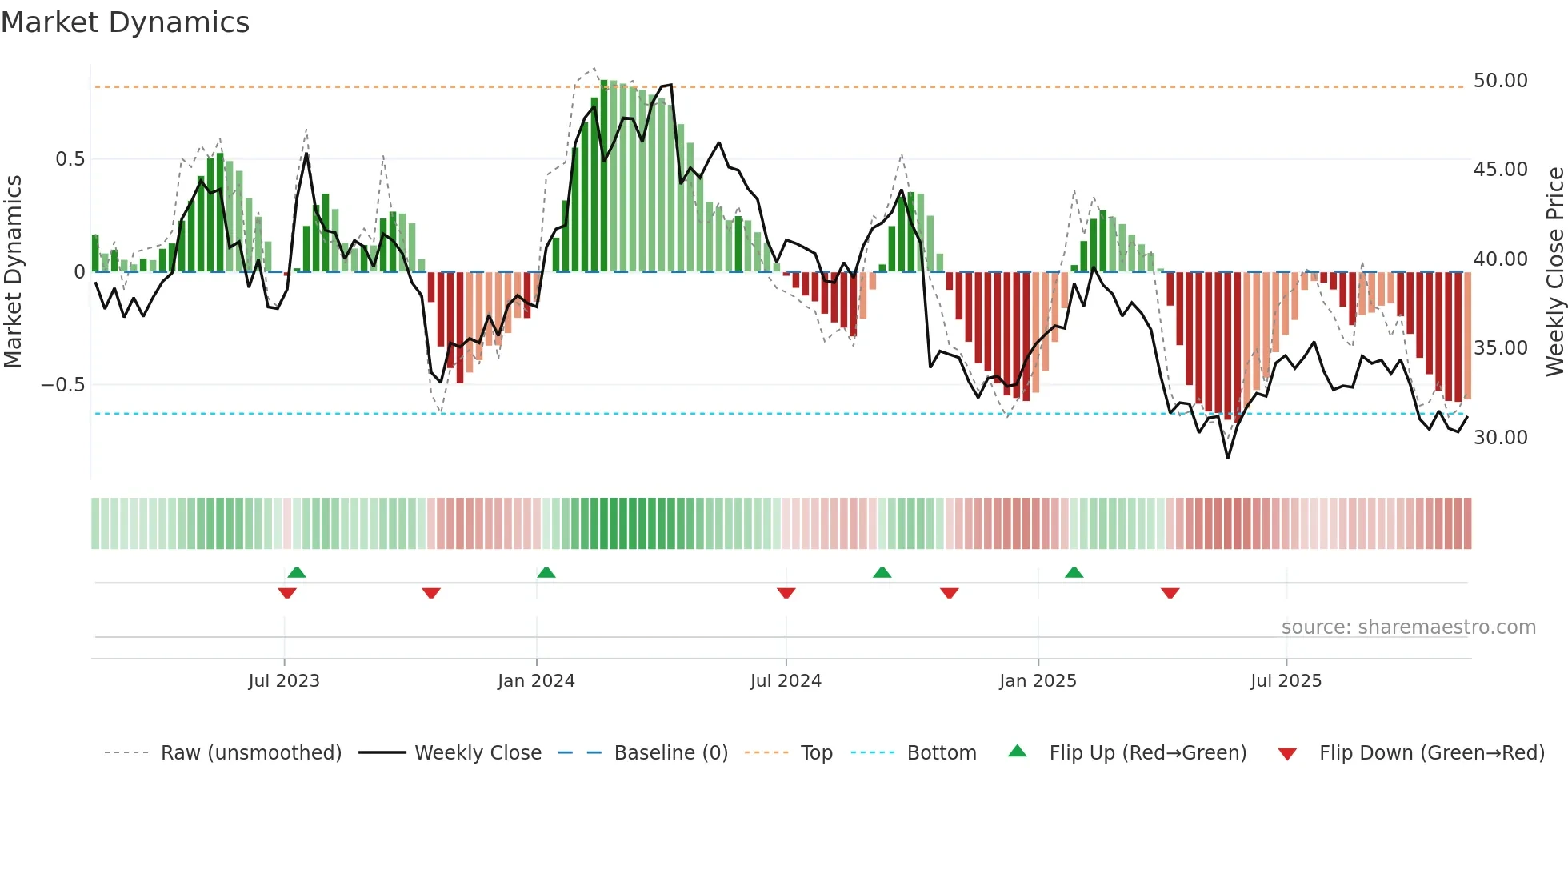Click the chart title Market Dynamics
pyautogui.click(x=125, y=22)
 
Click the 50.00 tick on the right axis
pyautogui.click(x=1500, y=81)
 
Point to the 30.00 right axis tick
pyautogui.click(x=1500, y=438)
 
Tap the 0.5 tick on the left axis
pyautogui.click(x=70, y=159)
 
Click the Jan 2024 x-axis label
pyautogui.click(x=536, y=681)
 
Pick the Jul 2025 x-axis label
pyautogui.click(x=1286, y=681)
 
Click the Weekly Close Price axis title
pyautogui.click(x=1554, y=271)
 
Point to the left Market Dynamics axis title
pyautogui.click(x=13, y=271)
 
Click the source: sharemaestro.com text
pyautogui.click(x=1408, y=627)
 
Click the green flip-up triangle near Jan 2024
pyautogui.click(x=546, y=573)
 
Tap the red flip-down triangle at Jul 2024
pyautogui.click(x=786, y=593)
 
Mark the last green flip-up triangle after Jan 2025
pyautogui.click(x=1074, y=573)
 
